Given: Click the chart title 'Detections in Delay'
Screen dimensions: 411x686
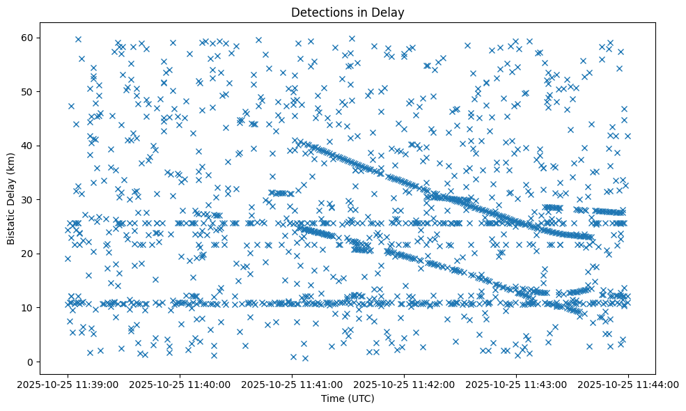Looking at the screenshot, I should click(x=348, y=13).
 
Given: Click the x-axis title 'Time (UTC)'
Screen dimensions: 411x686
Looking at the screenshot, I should click(x=348, y=398).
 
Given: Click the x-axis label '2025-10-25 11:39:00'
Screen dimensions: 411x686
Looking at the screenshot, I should click(x=68, y=385).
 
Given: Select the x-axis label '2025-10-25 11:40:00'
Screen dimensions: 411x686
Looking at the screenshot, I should click(x=180, y=385).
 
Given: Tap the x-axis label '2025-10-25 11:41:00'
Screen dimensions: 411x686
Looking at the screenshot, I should click(x=292, y=385).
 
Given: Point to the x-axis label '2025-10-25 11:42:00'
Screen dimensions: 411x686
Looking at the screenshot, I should click(x=404, y=385).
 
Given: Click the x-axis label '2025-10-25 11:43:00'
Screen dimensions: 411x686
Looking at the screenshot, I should click(x=516, y=385).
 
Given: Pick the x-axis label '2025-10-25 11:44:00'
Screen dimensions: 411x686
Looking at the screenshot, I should click(x=628, y=385).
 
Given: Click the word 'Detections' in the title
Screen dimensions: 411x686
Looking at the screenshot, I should click(x=318, y=13).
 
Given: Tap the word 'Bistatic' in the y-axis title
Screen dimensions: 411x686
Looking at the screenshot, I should click(x=12, y=225).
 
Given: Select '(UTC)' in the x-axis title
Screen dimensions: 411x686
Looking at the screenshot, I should click(x=362, y=398).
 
